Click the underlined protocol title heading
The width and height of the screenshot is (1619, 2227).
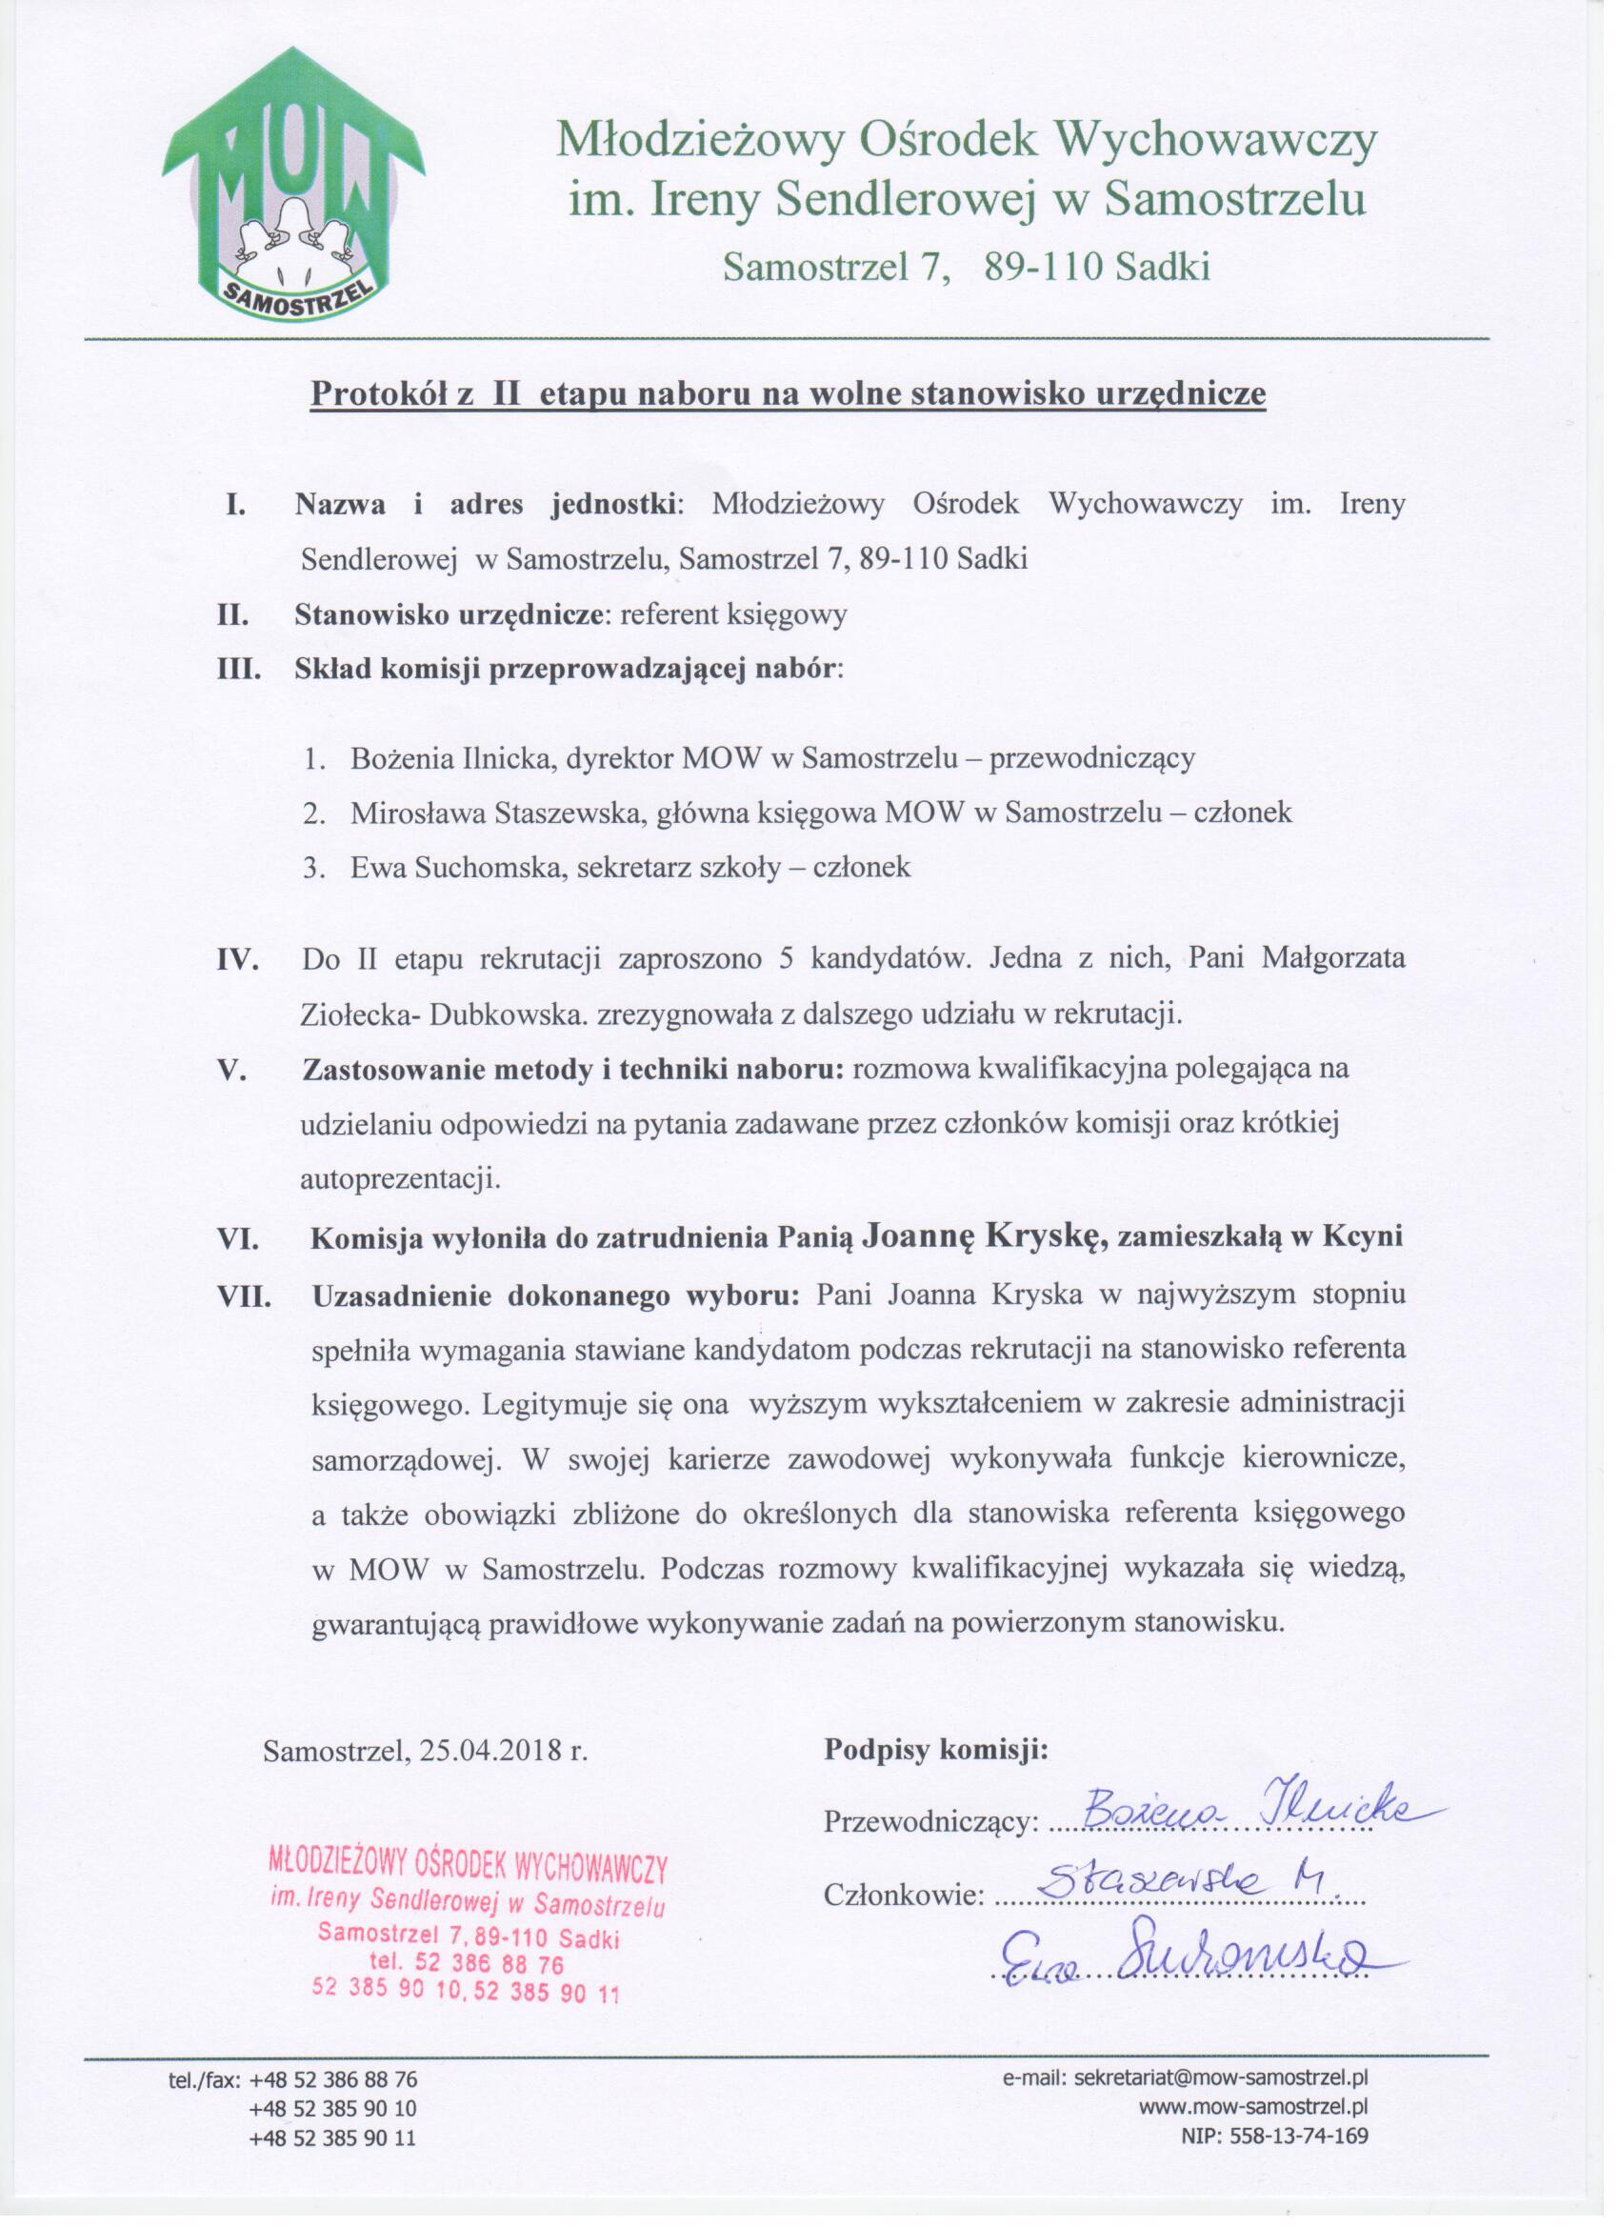click(x=788, y=393)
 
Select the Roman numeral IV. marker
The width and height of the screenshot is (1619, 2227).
click(x=236, y=960)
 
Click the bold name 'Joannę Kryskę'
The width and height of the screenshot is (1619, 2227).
click(x=986, y=1238)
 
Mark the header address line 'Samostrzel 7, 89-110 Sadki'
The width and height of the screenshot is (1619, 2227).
click(x=965, y=268)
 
